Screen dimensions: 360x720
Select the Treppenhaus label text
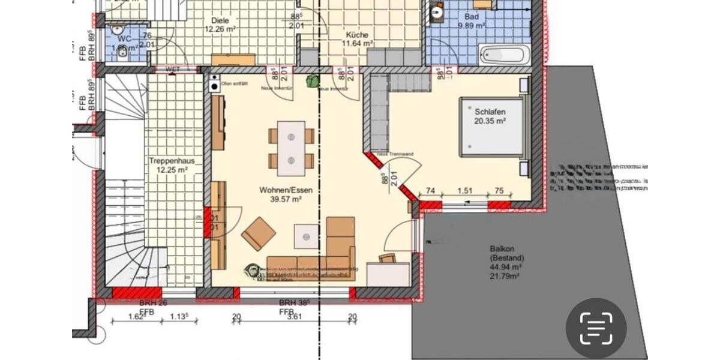[168, 161]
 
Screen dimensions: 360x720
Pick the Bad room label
[472, 17]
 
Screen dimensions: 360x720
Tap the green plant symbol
[313, 80]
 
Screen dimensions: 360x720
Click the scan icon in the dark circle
[596, 328]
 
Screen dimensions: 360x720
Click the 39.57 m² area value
[286, 199]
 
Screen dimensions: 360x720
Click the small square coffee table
[306, 236]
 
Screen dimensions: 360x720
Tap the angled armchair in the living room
[259, 233]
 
